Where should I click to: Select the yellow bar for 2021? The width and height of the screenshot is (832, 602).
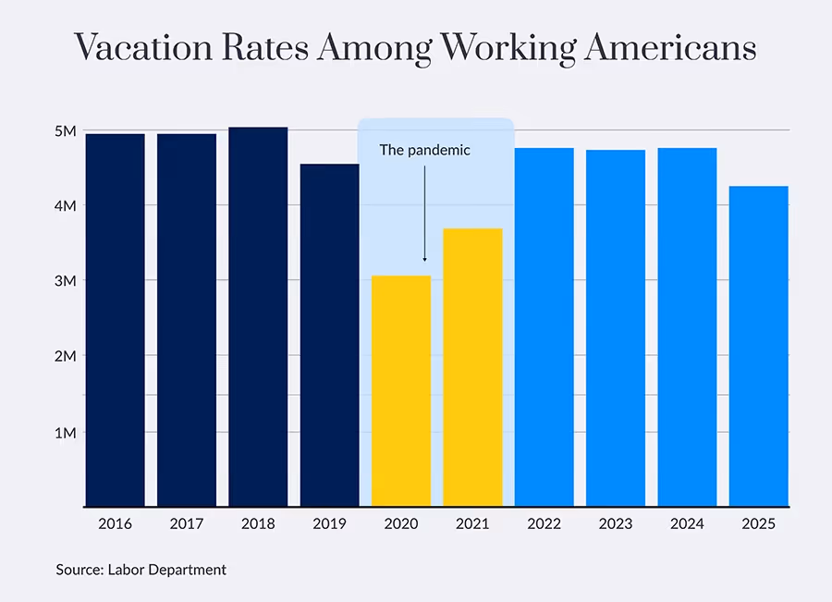472,367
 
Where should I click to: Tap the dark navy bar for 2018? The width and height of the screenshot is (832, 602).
258,316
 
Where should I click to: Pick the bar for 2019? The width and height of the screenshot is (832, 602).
329,335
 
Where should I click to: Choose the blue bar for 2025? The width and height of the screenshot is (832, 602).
758,346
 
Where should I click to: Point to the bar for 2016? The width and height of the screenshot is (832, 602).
115,320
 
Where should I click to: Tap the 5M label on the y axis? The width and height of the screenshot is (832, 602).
65,130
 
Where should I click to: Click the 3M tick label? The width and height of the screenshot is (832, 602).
65,281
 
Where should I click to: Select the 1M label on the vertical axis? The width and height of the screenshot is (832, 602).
65,432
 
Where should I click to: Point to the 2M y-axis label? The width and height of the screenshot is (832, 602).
65,356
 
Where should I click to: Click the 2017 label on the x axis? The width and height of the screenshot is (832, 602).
187,523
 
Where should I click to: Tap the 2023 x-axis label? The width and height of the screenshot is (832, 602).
616,523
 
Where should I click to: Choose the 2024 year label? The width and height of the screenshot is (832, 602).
687,523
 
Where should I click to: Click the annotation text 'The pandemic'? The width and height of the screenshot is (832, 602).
424,150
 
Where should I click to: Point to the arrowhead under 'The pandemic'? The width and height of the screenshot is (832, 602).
424,260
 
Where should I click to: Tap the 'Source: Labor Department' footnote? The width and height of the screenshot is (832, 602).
141,570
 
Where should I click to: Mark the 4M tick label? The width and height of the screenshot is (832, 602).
65,205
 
